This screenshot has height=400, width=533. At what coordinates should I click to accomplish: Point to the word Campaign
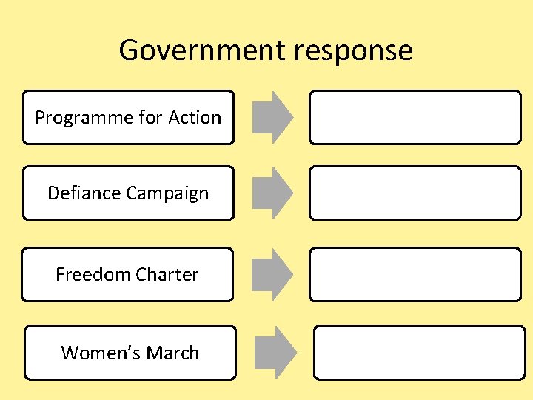pos(167,194)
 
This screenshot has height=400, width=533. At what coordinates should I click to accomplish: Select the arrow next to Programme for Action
pos(272,117)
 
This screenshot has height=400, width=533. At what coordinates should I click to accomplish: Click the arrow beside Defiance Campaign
pos(272,193)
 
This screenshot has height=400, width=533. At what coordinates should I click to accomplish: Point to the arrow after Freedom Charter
pos(272,274)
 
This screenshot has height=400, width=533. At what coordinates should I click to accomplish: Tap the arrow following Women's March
pos(276,353)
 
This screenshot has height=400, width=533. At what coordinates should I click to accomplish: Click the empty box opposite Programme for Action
pos(415,117)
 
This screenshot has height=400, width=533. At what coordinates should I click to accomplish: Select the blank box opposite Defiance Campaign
pos(415,193)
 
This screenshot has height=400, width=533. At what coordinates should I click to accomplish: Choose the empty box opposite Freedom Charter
pos(415,274)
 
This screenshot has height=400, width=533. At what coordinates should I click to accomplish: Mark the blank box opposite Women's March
pos(419,353)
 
